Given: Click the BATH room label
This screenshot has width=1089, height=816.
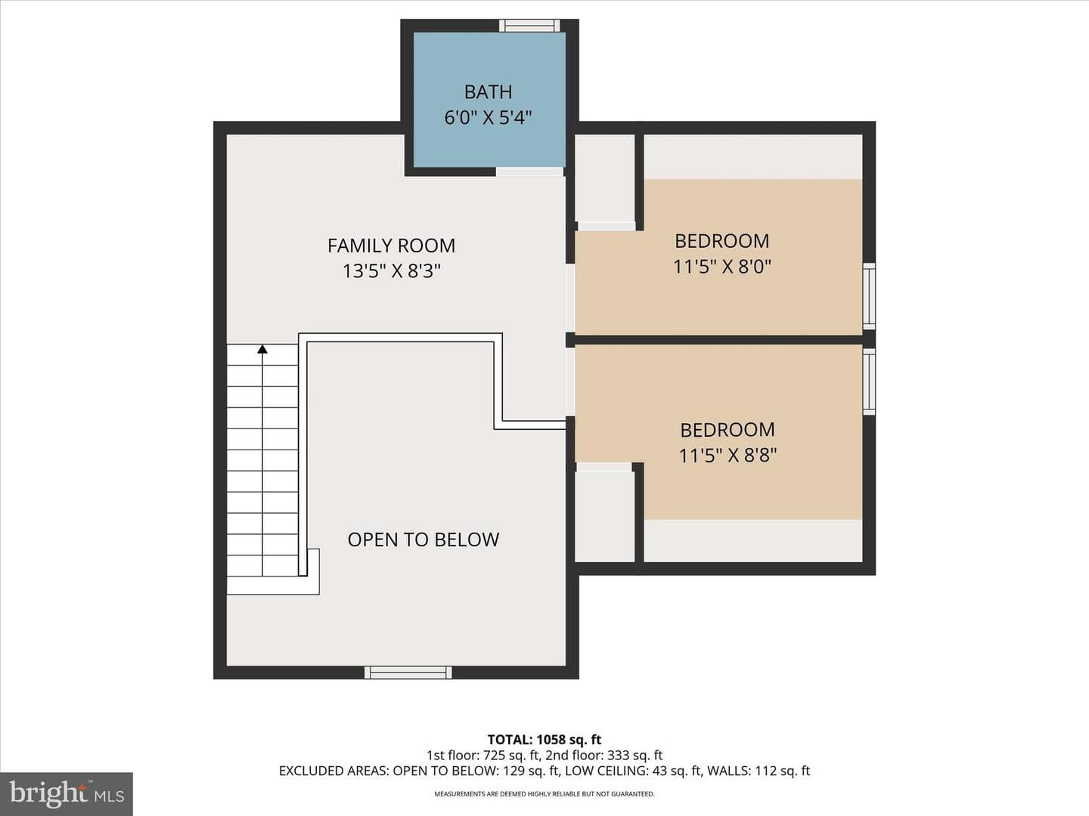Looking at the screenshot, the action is [x=489, y=91].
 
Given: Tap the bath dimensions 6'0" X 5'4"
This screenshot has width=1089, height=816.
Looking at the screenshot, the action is [x=489, y=118].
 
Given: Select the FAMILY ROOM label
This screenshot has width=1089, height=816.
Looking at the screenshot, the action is [x=392, y=246].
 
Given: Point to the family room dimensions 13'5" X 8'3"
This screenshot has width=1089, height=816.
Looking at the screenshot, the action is [x=392, y=271].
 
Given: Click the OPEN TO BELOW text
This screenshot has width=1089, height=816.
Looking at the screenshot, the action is [x=423, y=539].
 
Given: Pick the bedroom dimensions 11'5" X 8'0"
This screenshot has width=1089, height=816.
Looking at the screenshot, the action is [x=722, y=267].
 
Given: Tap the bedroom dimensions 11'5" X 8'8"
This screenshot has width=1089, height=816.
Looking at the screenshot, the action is [x=728, y=455].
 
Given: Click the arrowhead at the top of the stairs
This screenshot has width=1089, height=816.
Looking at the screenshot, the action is [x=262, y=349].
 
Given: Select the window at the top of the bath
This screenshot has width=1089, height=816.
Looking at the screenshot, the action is [x=529, y=25].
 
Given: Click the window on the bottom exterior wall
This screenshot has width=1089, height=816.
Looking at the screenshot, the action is [x=408, y=672].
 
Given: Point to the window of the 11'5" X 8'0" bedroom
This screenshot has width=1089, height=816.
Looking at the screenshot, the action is [x=869, y=296].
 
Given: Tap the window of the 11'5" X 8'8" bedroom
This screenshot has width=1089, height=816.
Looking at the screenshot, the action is [x=869, y=382].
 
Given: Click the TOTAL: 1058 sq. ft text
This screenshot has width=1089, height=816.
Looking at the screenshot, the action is [x=544, y=740].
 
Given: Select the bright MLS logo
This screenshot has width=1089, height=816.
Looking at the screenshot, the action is [x=67, y=794].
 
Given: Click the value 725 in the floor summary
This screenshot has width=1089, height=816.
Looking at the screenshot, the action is [x=494, y=755].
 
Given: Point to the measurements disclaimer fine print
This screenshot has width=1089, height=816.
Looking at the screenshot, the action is [x=544, y=793].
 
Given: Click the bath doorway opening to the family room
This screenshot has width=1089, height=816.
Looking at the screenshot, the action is [x=530, y=172].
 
